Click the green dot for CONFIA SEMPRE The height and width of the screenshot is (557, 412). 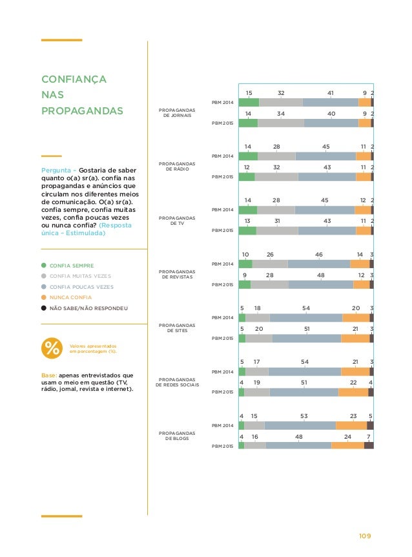tap(44, 265)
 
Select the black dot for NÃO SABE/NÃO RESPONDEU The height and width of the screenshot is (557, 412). tap(44, 308)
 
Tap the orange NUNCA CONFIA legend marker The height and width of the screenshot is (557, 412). tap(44, 297)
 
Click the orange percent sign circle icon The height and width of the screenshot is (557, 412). tap(52, 348)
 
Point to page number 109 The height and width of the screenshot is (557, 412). tap(366, 536)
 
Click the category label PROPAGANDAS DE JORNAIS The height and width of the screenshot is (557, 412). tap(176, 114)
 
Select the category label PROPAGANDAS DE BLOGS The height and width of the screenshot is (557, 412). tap(176, 436)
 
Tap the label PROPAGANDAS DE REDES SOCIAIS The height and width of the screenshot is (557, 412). tap(178, 381)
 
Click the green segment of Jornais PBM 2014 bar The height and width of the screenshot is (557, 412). tap(249, 102)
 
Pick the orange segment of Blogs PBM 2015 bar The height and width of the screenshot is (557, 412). tap(347, 445)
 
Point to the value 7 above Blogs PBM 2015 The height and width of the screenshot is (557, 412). tap(368, 437)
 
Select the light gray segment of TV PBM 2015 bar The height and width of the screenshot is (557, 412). tap(277, 231)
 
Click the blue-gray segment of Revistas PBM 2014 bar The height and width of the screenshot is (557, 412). tap(319, 264)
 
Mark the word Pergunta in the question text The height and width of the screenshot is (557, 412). tap(56, 171)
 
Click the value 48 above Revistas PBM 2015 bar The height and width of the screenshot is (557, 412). tap(320, 275)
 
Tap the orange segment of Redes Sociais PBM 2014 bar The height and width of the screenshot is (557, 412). tap(355, 372)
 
